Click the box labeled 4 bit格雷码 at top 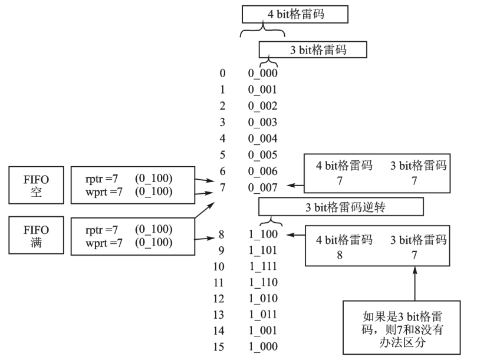pyautogui.click(x=295, y=14)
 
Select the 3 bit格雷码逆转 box pyautogui.click(x=341, y=207)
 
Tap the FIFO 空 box pyautogui.click(x=37, y=184)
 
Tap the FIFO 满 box pyautogui.click(x=37, y=235)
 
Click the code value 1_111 pyautogui.click(x=262, y=267)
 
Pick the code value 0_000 pyautogui.click(x=262, y=74)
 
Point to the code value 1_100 pyautogui.click(x=262, y=235)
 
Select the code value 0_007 pyautogui.click(x=262, y=187)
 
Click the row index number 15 pyautogui.click(x=219, y=346)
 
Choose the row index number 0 pyautogui.click(x=222, y=74)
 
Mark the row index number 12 pyautogui.click(x=219, y=299)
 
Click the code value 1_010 pyautogui.click(x=262, y=299)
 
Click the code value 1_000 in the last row pyautogui.click(x=262, y=346)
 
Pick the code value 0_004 pyautogui.click(x=262, y=140)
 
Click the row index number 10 pyautogui.click(x=219, y=267)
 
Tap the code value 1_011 pyautogui.click(x=262, y=315)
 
